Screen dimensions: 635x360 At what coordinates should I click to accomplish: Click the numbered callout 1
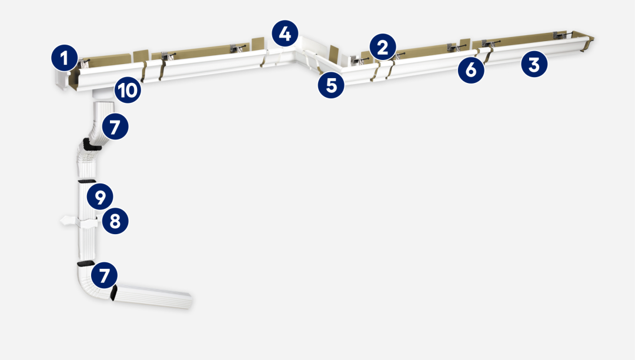65,58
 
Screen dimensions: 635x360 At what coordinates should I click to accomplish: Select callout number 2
383,47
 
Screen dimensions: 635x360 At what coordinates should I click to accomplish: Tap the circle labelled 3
534,64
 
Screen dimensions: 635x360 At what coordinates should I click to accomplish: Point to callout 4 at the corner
285,33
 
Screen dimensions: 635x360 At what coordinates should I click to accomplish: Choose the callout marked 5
331,85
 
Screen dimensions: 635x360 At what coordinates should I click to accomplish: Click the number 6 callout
471,70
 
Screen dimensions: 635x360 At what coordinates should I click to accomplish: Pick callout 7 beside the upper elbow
115,126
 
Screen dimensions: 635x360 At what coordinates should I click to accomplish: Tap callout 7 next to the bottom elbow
105,275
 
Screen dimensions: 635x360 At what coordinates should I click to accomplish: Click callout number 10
128,89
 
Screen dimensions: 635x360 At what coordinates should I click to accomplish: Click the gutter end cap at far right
587,44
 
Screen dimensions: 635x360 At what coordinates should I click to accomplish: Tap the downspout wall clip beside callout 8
79,222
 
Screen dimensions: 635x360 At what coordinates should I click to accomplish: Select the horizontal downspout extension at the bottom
151,295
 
